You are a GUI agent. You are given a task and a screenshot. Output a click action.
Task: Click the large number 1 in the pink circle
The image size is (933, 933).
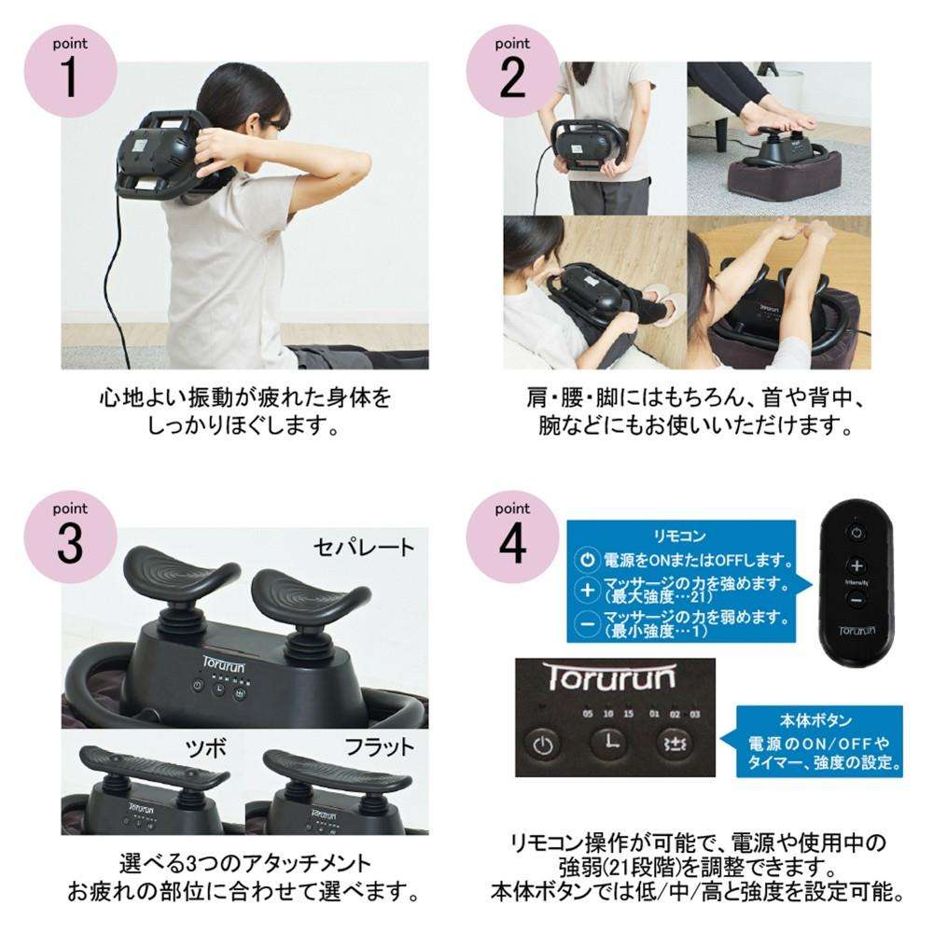(x=70, y=77)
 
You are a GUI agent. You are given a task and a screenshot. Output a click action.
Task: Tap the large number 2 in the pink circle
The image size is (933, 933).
(x=512, y=77)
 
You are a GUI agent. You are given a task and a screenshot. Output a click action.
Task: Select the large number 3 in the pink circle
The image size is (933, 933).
(x=70, y=543)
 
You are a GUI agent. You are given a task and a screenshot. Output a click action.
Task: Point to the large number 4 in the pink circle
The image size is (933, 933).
(x=512, y=543)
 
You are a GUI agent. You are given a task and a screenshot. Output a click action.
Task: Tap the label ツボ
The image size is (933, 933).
(x=205, y=747)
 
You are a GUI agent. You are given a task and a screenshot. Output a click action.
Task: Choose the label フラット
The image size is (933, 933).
(x=379, y=747)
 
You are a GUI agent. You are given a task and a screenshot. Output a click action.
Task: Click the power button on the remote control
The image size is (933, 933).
(x=856, y=533)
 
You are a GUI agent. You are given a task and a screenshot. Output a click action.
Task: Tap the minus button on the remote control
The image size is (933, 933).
(x=856, y=600)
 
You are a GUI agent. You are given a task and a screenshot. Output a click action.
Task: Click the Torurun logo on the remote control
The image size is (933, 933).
(x=856, y=630)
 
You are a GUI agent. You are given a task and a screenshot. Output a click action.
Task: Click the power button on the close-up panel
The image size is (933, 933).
(x=542, y=745)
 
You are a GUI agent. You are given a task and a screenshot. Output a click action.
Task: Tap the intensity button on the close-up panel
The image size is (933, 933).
(x=675, y=744)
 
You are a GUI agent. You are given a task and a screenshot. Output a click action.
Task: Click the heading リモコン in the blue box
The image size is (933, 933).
(x=679, y=536)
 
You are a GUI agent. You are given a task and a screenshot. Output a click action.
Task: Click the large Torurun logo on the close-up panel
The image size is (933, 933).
(x=609, y=677)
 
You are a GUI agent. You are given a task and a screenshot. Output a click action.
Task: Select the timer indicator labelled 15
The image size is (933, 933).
(x=628, y=714)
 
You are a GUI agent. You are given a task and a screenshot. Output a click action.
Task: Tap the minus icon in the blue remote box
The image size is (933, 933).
(x=587, y=624)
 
